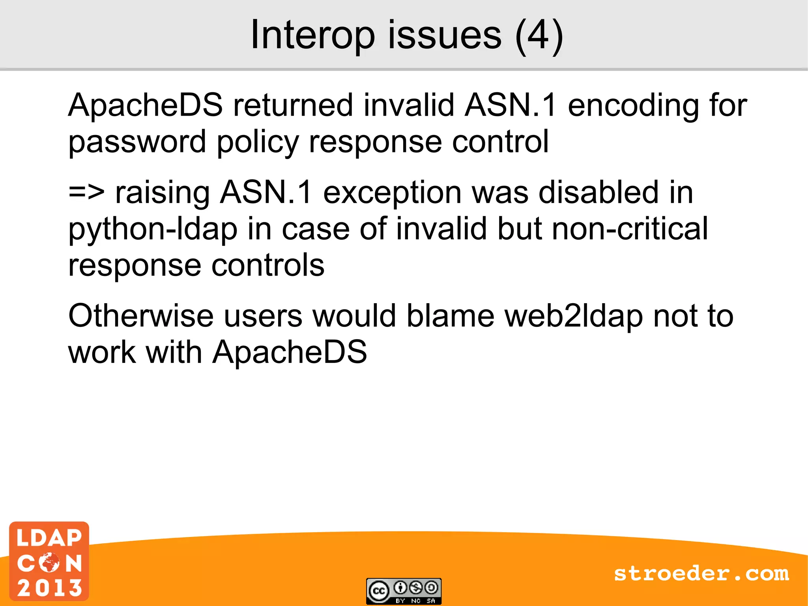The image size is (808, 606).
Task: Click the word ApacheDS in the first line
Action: [145, 105]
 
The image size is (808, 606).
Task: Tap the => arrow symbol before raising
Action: [86, 193]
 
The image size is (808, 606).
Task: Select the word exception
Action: [392, 193]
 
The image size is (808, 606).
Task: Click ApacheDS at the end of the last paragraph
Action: [290, 352]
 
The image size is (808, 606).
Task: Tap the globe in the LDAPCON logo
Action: [49, 563]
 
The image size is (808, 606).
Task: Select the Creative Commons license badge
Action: [404, 591]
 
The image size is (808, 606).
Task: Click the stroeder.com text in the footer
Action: [701, 574]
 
